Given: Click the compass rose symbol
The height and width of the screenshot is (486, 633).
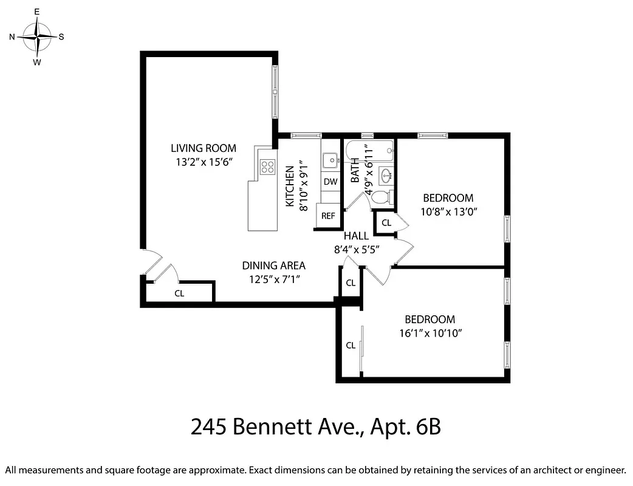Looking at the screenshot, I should [x=37, y=36].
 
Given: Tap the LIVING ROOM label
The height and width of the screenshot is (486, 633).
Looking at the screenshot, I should [x=203, y=148].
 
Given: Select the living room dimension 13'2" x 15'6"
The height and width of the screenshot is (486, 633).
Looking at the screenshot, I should [x=203, y=162].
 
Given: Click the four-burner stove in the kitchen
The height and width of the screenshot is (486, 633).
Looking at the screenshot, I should [x=267, y=166].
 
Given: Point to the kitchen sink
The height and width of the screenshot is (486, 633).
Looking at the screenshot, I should [x=330, y=160].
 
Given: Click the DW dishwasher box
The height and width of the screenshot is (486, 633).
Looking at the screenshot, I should [x=330, y=182].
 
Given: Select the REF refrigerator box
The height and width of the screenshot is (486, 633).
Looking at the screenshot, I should [x=328, y=216].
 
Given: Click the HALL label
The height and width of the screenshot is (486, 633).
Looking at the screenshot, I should [x=356, y=236].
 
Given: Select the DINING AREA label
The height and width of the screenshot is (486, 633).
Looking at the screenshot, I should [x=273, y=265].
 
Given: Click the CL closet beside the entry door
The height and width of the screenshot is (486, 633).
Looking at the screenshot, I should [x=179, y=293].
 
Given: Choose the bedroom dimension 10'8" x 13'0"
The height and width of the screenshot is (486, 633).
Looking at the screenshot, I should [x=448, y=211].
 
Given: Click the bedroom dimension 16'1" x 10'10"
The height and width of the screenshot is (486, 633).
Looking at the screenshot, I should [x=430, y=333].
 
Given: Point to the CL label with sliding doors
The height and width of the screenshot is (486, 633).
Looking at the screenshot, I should [x=351, y=346].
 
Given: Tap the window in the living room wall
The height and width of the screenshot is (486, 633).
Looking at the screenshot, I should [x=275, y=92].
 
